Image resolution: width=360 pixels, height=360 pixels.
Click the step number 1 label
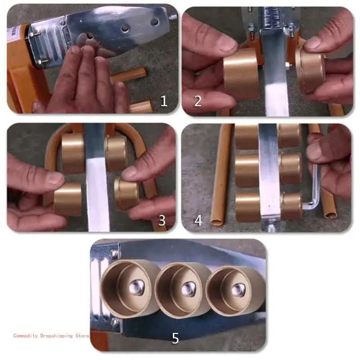click(x=164, y=101)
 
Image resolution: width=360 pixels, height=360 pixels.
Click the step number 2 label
click(x=198, y=101)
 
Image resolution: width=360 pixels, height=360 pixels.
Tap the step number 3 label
click(x=162, y=220)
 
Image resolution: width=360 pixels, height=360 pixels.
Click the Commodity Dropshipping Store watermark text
click(x=51, y=336)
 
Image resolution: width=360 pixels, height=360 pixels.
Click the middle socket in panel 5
click(x=182, y=288)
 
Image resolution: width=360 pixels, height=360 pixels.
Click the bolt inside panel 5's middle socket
click(x=185, y=287)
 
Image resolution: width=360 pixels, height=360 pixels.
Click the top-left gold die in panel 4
click(x=247, y=135)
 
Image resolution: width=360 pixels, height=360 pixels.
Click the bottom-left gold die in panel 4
click(x=247, y=207)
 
